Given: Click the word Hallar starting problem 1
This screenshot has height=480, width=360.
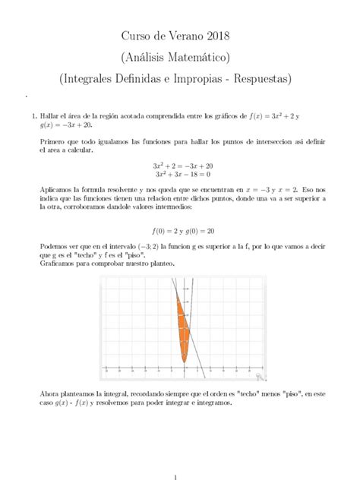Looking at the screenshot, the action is pyautogui.click(x=46, y=116).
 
